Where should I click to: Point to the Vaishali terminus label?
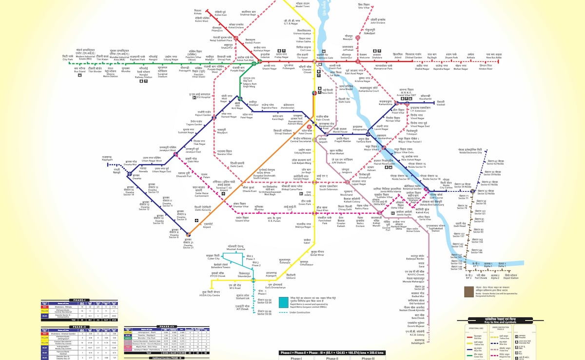pyautogui.click(x=441, y=104)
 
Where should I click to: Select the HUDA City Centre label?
pyautogui.click(x=224, y=294)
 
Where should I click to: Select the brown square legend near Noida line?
pyautogui.click(x=468, y=292)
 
